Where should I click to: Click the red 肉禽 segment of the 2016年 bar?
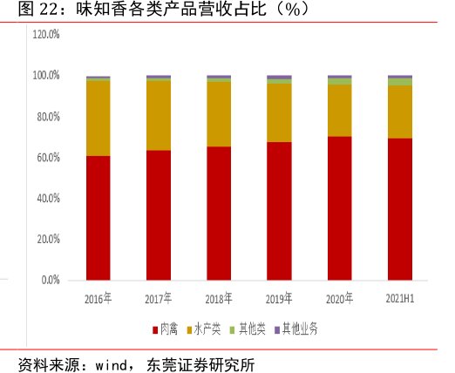point(98,218)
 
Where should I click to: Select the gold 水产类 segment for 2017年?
point(159,115)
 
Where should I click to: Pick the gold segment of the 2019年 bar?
point(280,112)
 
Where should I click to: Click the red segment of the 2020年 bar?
point(340,208)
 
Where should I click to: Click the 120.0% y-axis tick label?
point(45,35)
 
